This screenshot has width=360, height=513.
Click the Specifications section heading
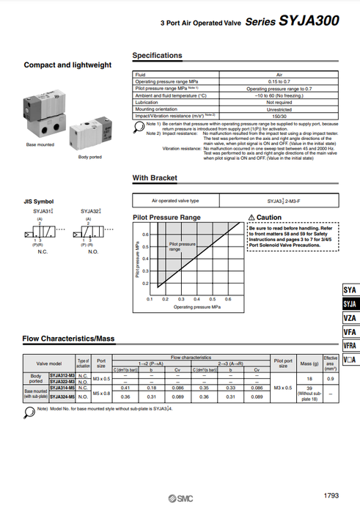click(157, 56)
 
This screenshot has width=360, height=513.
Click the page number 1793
click(330, 496)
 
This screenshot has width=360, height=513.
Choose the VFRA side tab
click(350, 345)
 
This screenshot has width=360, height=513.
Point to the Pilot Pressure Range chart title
click(166, 218)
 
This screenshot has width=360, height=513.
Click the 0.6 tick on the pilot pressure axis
click(145, 235)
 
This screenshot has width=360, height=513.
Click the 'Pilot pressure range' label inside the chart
click(183, 246)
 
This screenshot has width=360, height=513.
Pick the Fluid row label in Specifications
click(140, 74)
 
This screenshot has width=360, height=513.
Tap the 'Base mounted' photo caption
click(41, 145)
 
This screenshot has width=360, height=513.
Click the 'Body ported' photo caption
click(90, 157)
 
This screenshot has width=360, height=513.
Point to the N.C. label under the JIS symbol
click(41, 251)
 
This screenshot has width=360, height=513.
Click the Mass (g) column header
click(310, 363)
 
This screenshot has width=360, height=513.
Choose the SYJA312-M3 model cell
click(62, 374)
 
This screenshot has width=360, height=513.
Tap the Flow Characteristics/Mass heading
click(69, 339)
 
